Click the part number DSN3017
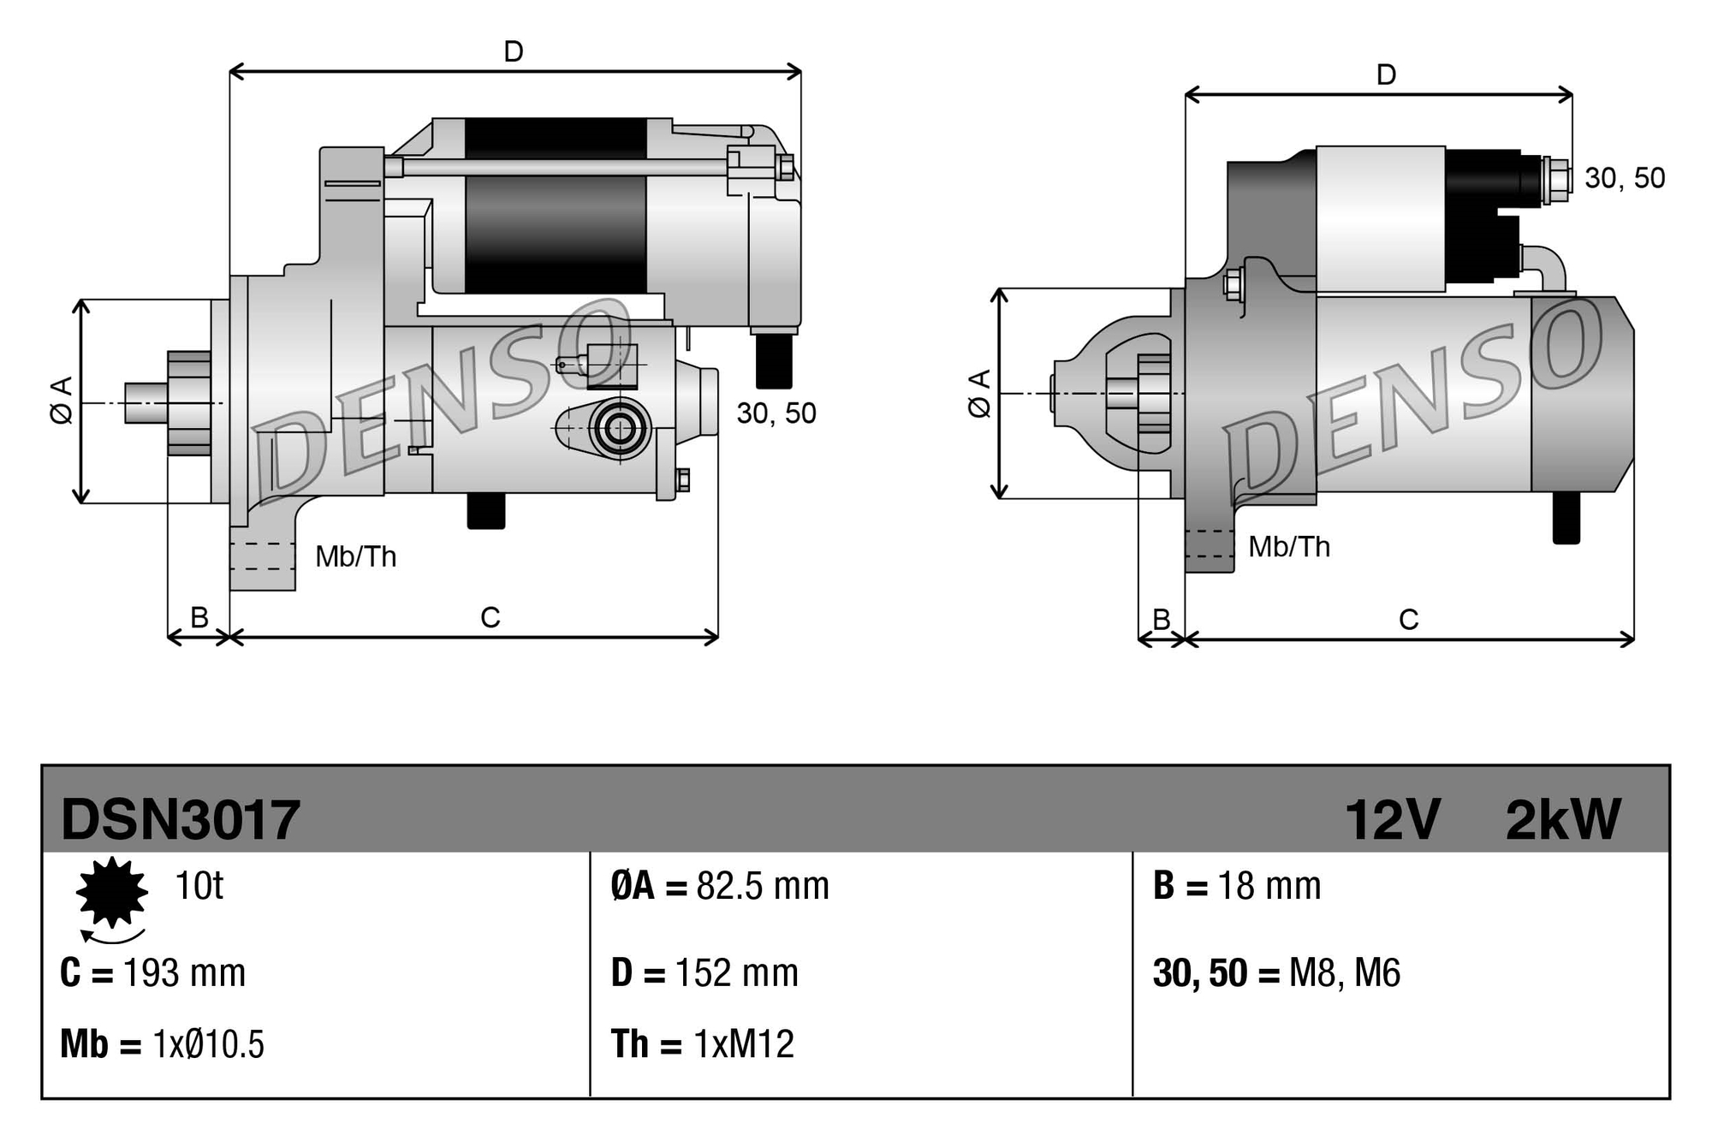click(181, 820)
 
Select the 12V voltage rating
click(1393, 820)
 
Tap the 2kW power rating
click(1562, 820)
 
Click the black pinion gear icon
click(112, 892)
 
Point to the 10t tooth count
click(199, 886)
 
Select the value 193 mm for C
click(184, 973)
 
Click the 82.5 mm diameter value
click(762, 886)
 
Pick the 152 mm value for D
click(736, 973)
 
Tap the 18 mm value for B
click(1269, 886)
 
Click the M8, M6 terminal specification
click(1344, 973)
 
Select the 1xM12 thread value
click(743, 1044)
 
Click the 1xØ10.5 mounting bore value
click(208, 1044)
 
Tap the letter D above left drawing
click(514, 52)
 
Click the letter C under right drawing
click(1408, 619)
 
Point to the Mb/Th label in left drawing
click(355, 557)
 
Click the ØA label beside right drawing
click(979, 394)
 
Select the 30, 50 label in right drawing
click(1624, 178)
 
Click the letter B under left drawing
click(199, 617)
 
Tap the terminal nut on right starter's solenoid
click(1559, 181)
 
